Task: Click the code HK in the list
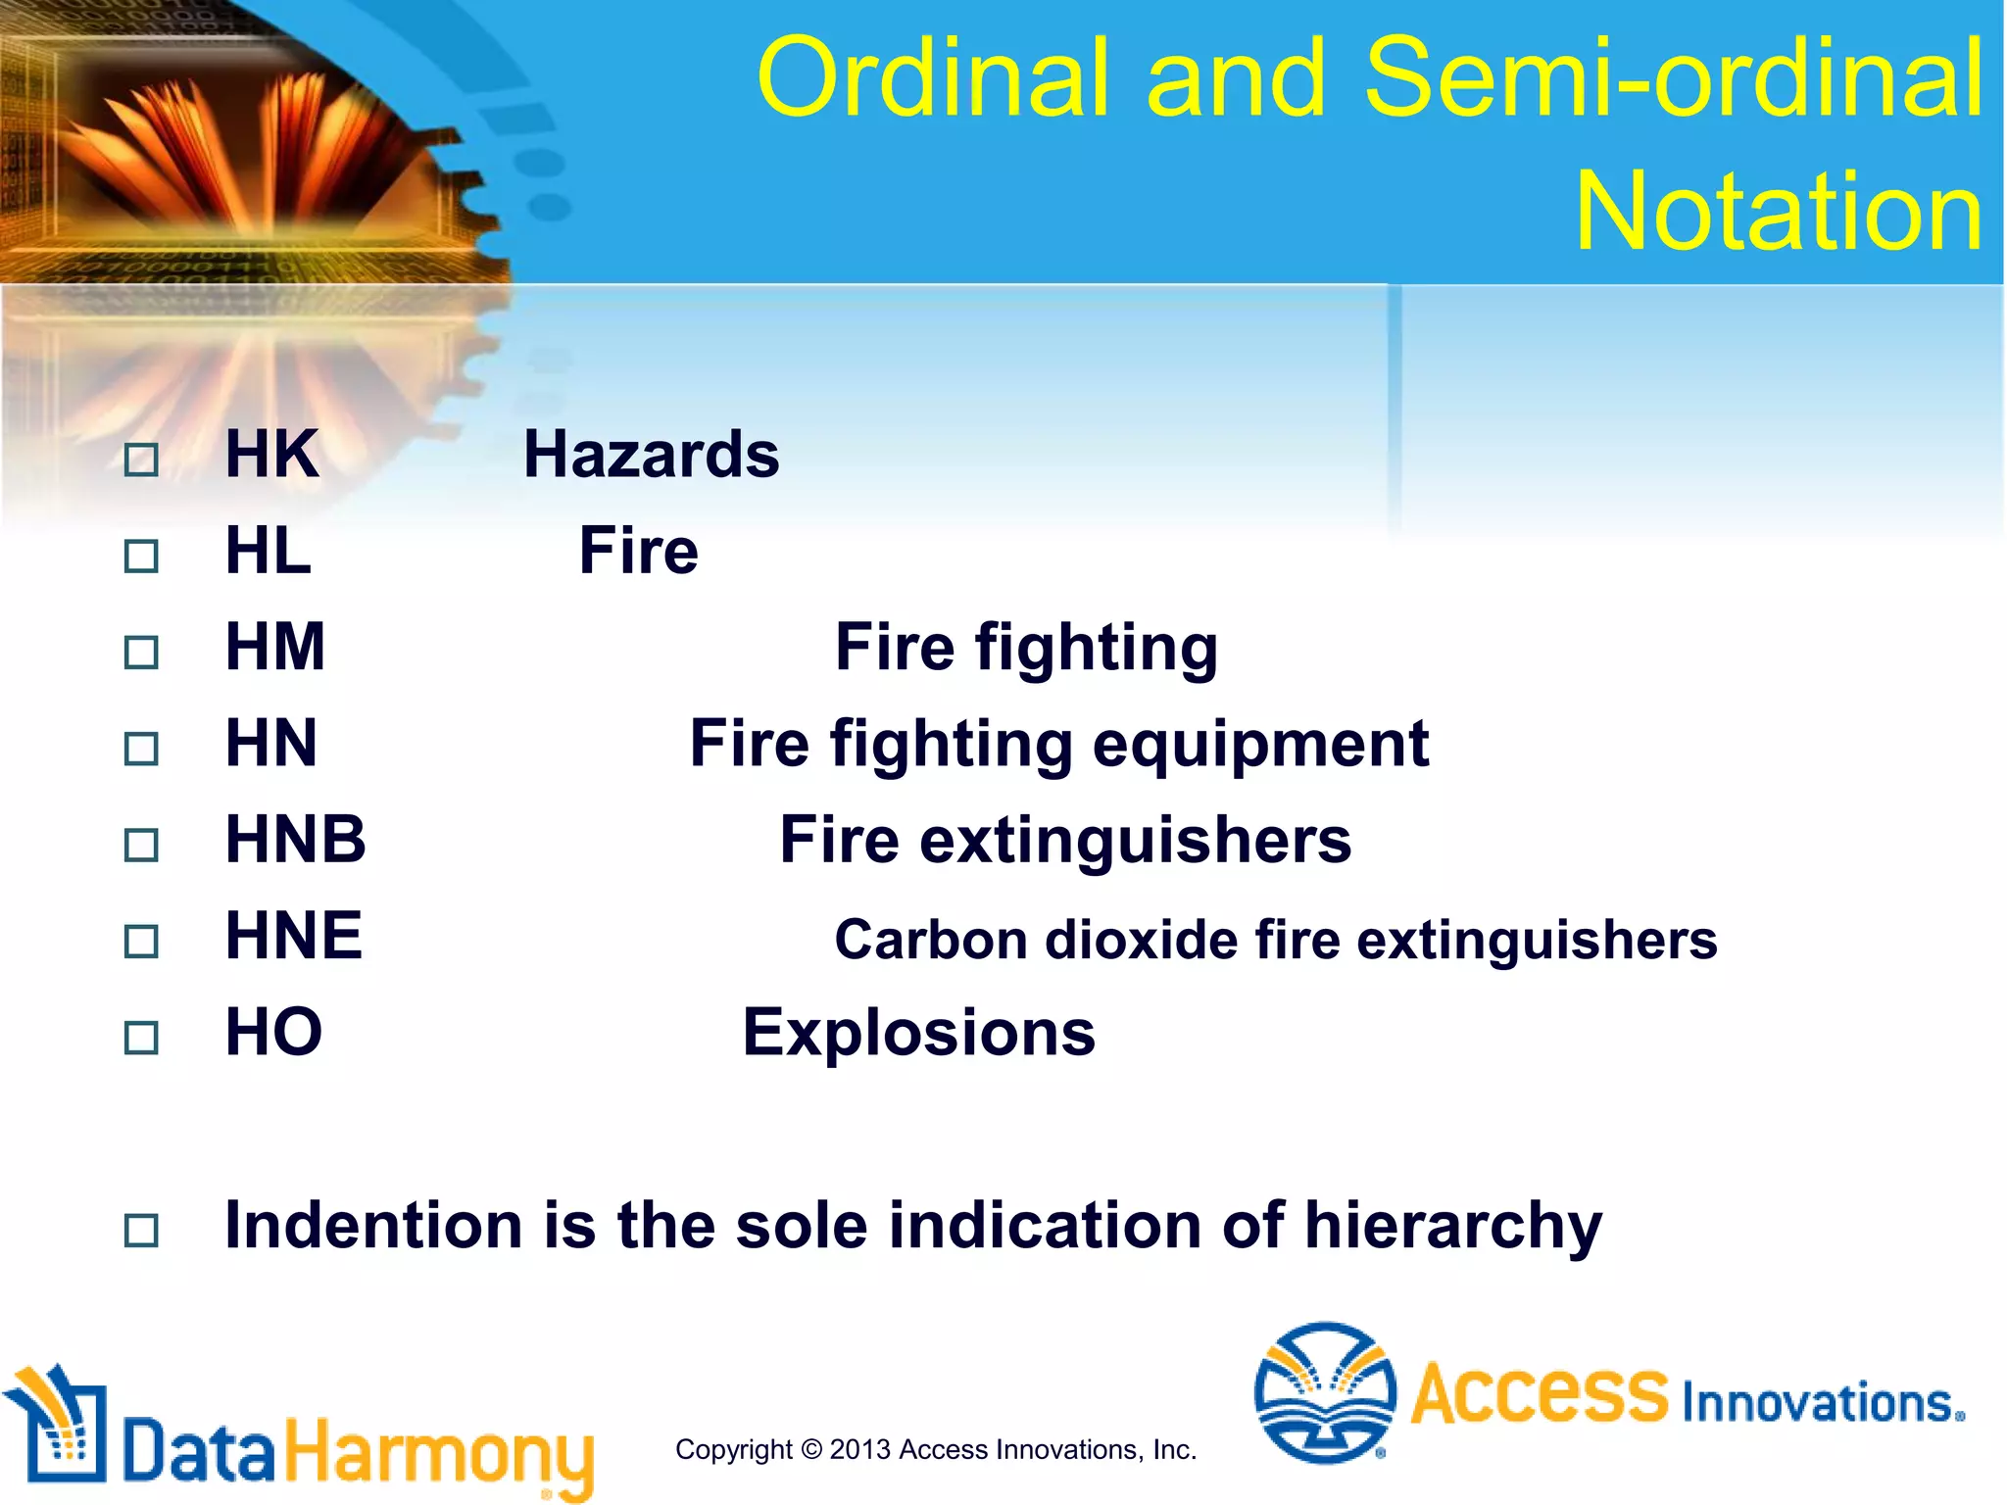coord(271,455)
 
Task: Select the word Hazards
coord(651,455)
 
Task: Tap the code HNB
coord(295,840)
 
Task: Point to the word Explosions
coord(918,1033)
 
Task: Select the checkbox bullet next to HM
coord(141,653)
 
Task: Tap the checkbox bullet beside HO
coord(141,1038)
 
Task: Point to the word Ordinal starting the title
coord(932,77)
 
